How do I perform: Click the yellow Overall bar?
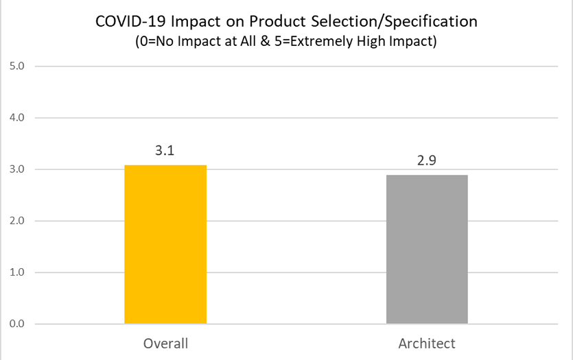pyautogui.click(x=165, y=244)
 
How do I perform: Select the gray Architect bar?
pyautogui.click(x=427, y=250)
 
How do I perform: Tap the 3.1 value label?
pyautogui.click(x=165, y=150)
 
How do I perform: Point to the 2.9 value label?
pyautogui.click(x=427, y=160)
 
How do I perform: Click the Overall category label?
pyautogui.click(x=165, y=344)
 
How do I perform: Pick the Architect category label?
pyautogui.click(x=427, y=344)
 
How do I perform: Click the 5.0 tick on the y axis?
pyautogui.click(x=16, y=66)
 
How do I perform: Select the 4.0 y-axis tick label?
pyautogui.click(x=16, y=117)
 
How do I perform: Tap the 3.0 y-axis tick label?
pyautogui.click(x=16, y=169)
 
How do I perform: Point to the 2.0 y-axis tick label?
pyautogui.click(x=16, y=221)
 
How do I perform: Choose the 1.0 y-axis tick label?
pyautogui.click(x=16, y=272)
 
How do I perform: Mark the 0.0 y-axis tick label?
pyautogui.click(x=16, y=324)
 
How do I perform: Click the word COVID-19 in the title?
pyautogui.click(x=130, y=21)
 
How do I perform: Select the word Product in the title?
pyautogui.click(x=277, y=21)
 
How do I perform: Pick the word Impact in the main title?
pyautogui.click(x=196, y=22)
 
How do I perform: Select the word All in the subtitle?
pyautogui.click(x=248, y=41)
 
